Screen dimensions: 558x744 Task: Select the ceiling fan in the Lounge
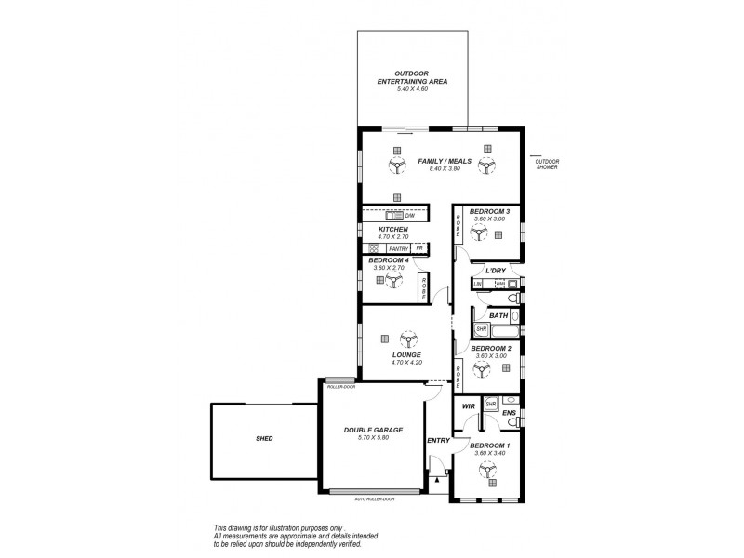tap(406, 340)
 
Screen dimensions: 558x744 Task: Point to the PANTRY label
tap(399, 249)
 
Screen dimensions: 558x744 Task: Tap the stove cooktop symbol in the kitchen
tap(374, 248)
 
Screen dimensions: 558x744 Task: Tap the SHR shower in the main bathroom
tap(482, 328)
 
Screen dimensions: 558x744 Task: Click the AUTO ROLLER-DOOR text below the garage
tap(374, 499)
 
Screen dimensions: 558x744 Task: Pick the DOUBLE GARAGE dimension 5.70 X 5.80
tap(373, 437)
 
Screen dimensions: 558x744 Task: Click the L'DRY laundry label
tap(496, 270)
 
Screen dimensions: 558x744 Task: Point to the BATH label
tap(498, 315)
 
